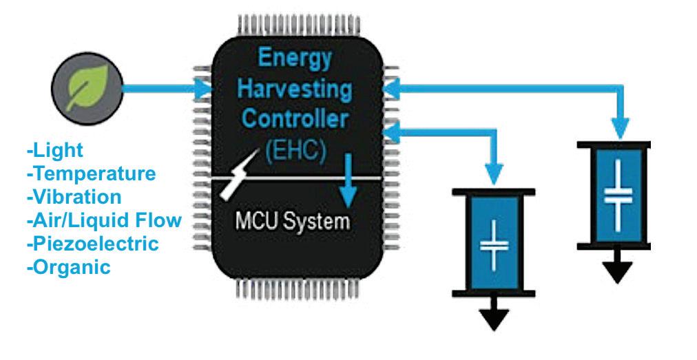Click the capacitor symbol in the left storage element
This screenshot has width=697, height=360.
coord(493,244)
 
